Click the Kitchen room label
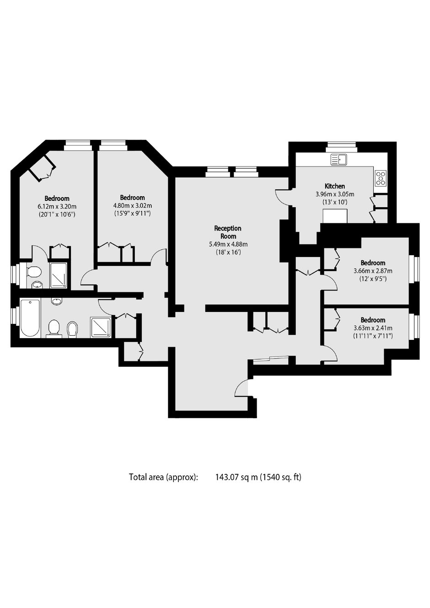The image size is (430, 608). tap(335, 186)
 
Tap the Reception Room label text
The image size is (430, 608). tap(228, 232)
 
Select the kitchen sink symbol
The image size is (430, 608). tap(338, 159)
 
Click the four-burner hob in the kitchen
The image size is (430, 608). tap(381, 178)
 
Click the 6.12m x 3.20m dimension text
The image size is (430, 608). tap(57, 206)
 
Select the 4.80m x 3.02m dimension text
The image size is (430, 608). tap(133, 205)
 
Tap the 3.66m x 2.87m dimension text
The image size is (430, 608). tap(373, 271)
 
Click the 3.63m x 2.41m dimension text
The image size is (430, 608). tap(373, 328)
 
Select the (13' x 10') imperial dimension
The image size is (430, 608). tap(335, 202)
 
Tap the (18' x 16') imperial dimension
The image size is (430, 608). tap(228, 252)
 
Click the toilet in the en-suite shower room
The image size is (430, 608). tap(34, 271)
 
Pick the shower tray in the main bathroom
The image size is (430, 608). tap(101, 328)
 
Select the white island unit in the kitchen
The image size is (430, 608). tap(335, 216)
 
